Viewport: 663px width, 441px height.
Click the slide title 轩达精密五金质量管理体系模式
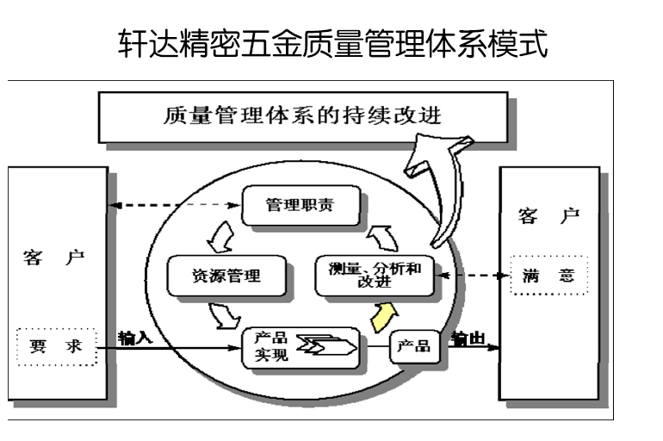click(331, 42)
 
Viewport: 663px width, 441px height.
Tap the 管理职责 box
click(299, 206)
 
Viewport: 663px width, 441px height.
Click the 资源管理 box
click(226, 275)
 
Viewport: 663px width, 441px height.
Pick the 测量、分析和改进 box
click(375, 276)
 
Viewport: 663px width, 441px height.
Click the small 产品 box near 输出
click(412, 347)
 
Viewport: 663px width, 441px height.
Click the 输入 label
click(136, 337)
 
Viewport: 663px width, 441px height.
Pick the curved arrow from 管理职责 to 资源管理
click(220, 233)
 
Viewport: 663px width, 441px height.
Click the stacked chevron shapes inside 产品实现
click(325, 347)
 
